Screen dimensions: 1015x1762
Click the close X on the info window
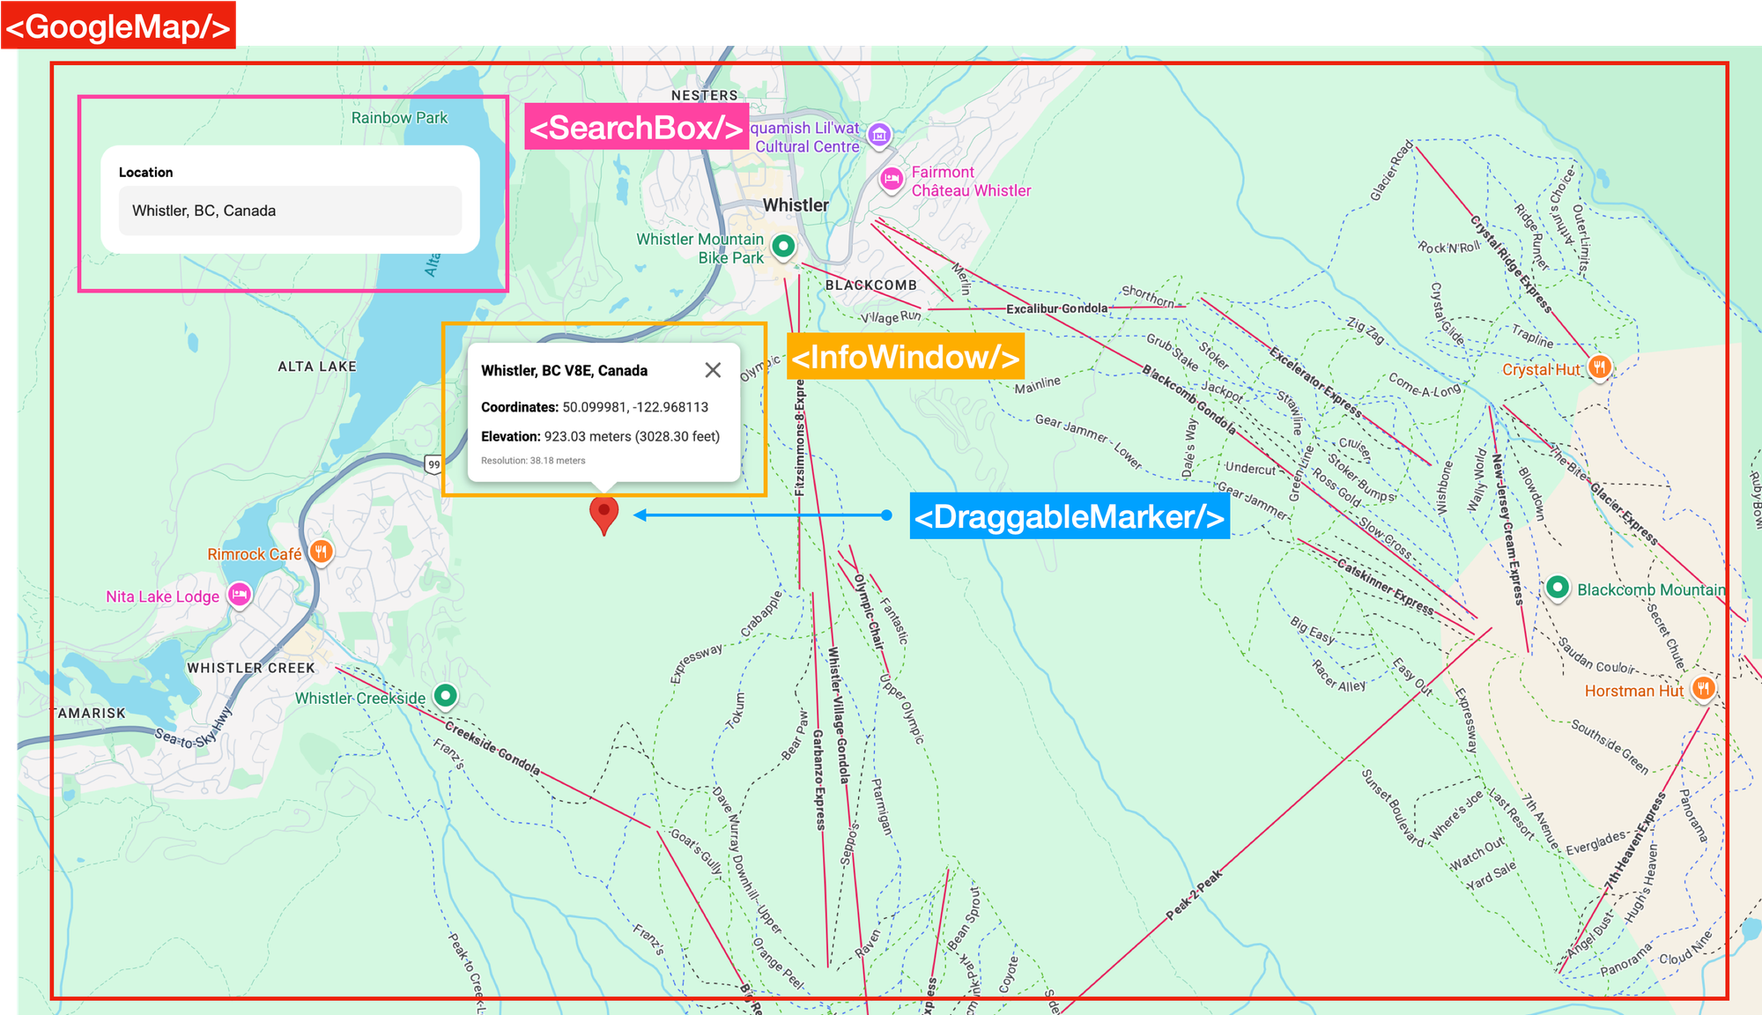pos(713,370)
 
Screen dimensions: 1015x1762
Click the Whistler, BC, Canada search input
pos(290,211)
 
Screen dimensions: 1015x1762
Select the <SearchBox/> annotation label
pos(636,127)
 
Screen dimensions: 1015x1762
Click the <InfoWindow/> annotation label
pos(906,357)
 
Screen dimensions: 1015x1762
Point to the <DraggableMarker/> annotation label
pos(1069,516)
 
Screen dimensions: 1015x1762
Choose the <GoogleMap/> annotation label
pos(118,26)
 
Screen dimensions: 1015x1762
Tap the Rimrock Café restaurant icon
pos(322,552)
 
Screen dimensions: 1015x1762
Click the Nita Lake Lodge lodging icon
pos(240,595)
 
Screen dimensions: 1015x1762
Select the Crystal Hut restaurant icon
pos(1600,367)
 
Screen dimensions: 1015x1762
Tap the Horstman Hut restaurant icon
pos(1703,689)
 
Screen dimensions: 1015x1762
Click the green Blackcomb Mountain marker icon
pos(1558,588)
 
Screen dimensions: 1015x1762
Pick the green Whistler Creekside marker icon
pos(446,696)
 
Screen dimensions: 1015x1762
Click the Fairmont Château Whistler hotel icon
pos(892,180)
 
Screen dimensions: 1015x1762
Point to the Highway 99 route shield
pos(433,464)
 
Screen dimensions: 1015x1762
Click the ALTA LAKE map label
pos(317,367)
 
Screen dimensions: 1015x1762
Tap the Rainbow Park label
pos(399,118)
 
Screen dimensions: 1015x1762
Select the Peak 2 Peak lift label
pos(1194,895)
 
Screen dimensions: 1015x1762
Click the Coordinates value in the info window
pos(635,407)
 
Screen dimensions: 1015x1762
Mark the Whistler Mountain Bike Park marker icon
pos(783,246)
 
